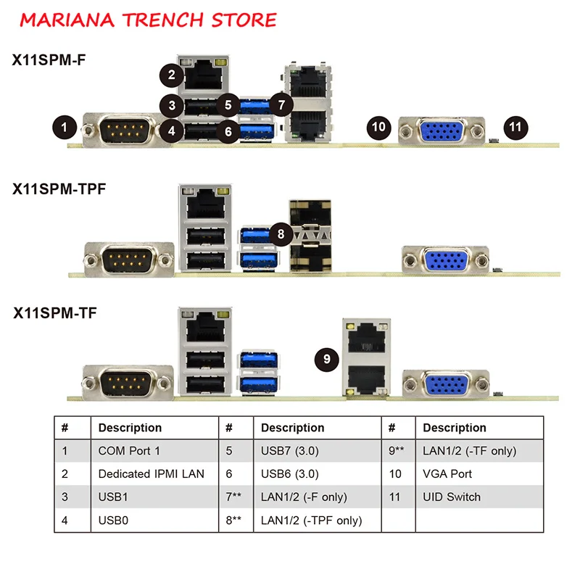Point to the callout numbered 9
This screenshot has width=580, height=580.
328,358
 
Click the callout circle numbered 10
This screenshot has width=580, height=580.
378,127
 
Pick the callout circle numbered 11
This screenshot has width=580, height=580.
515,126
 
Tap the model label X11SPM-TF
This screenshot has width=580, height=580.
55,313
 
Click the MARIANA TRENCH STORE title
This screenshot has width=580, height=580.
149,20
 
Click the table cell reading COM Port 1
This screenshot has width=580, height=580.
129,451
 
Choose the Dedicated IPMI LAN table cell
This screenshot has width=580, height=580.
151,474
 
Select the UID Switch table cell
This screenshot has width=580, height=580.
452,497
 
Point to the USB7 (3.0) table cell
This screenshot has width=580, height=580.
289,451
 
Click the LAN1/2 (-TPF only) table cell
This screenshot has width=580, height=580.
311,521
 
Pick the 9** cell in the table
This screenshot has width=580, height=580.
397,451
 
